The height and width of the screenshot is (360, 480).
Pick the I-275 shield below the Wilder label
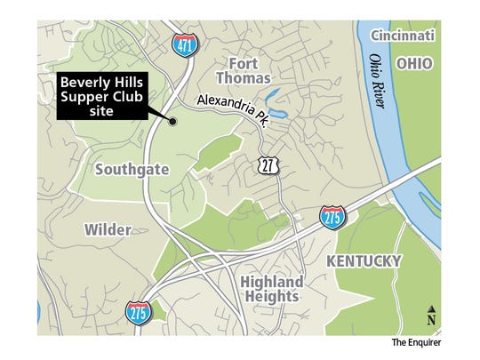140,311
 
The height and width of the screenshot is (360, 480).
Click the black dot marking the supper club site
173,122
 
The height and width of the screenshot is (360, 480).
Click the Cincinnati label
403,36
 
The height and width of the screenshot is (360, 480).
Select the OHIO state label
415,64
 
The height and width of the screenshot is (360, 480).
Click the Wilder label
108,229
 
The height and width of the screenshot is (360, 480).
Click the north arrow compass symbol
431,311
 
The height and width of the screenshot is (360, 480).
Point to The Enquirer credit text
416,341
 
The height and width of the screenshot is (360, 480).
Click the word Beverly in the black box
80,82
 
